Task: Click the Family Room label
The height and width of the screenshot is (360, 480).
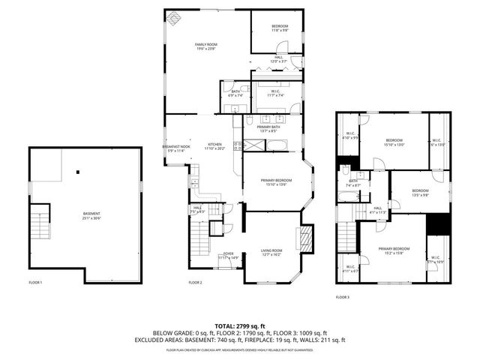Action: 205,46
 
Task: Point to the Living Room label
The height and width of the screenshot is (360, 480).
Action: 271,252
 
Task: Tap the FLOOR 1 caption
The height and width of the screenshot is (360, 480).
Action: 35,283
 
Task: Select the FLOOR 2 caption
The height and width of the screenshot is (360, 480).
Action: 195,283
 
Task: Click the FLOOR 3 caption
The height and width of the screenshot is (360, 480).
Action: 342,297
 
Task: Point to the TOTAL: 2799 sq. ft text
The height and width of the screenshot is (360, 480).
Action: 240,326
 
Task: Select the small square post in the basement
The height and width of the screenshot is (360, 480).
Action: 77,172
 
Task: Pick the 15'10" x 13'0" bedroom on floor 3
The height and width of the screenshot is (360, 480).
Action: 394,142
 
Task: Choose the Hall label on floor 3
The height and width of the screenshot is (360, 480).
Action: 377,209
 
